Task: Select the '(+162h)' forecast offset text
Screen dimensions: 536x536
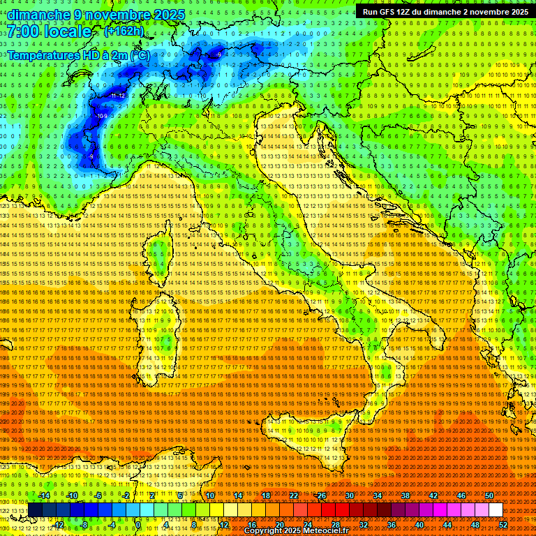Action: [x=124, y=31]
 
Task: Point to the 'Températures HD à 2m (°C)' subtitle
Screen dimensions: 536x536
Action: [x=79, y=54]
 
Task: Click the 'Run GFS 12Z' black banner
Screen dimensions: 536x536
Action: [x=445, y=12]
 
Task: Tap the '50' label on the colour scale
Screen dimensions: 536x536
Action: [x=489, y=496]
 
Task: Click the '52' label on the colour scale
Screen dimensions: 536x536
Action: [x=503, y=525]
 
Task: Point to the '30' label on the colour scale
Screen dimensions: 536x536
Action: [x=350, y=496]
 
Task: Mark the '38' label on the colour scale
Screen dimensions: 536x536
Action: [x=405, y=496]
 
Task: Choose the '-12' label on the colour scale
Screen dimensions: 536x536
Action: [x=59, y=525]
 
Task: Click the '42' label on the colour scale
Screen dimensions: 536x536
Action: [x=433, y=496]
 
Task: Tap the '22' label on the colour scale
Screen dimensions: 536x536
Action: [x=294, y=496]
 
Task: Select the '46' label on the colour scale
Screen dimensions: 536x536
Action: [x=461, y=496]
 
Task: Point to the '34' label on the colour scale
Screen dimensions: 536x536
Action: [x=378, y=496]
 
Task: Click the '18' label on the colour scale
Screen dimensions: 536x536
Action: [x=266, y=496]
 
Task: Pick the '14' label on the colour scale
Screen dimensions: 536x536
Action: [x=238, y=496]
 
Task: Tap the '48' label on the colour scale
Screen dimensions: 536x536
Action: [x=475, y=525]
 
